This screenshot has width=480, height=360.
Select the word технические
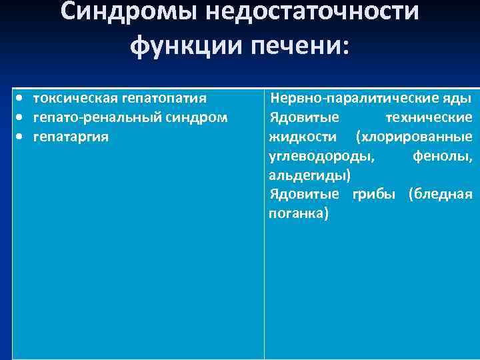(x=429, y=118)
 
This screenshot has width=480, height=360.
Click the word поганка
(x=298, y=214)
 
